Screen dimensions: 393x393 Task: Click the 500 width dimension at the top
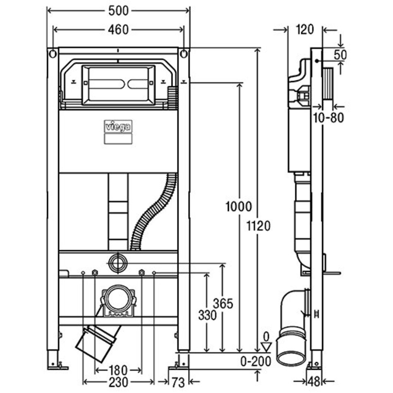[118, 11]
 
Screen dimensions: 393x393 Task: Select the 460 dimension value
[118, 30]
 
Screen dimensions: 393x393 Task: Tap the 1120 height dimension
[259, 226]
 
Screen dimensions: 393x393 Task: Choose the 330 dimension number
[207, 315]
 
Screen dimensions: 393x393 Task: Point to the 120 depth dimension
[305, 29]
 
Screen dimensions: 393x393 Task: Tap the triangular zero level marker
[266, 345]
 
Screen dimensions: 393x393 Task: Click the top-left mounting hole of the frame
[53, 54]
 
